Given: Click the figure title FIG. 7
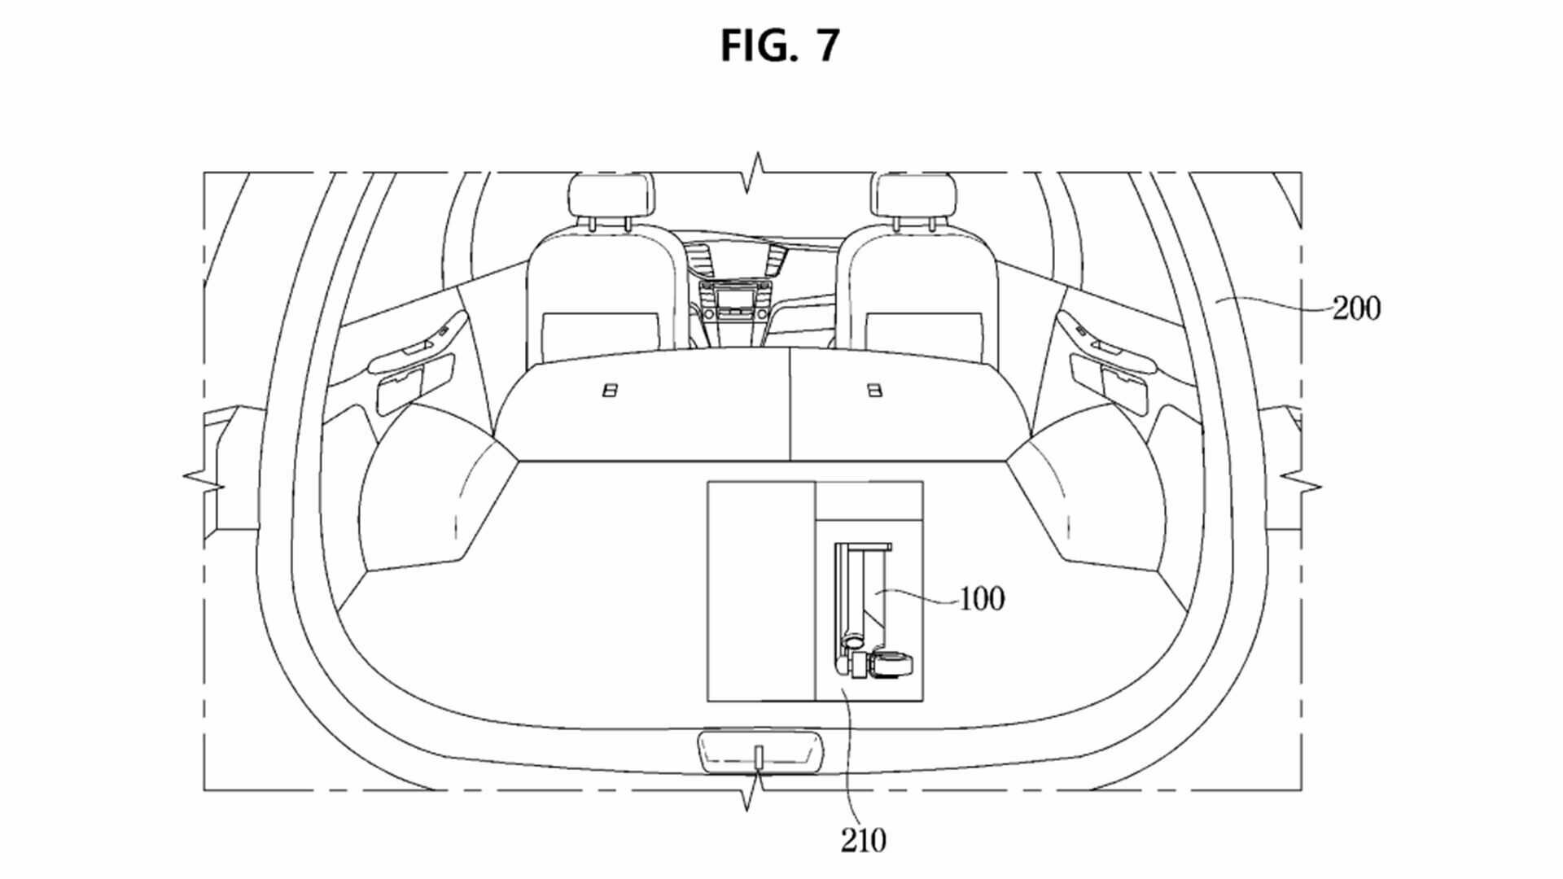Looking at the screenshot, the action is [779, 45].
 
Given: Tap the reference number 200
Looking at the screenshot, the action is [1356, 309].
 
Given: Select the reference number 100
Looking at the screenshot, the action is [983, 599].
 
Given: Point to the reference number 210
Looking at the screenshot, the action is [863, 840].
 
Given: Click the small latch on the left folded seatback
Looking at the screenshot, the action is [608, 391].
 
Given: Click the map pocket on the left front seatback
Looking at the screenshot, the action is [602, 334].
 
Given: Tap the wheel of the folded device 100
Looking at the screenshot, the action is [891, 666].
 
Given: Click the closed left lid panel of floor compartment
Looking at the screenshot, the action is [761, 591].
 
